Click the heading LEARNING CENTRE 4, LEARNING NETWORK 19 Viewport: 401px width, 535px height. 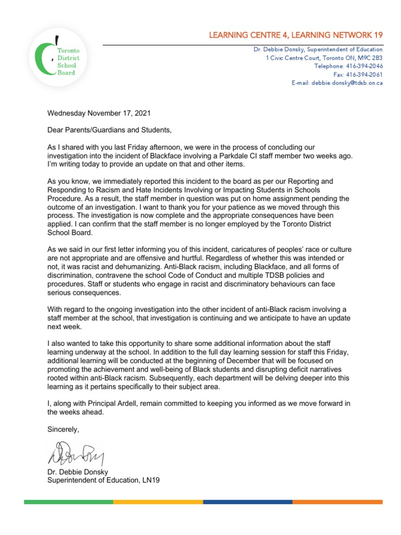296,35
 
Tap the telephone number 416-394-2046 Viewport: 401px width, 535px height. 364,66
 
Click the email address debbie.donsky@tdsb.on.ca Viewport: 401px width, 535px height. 347,83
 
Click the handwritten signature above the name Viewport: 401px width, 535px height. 76,452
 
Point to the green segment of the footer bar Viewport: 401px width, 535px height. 68,502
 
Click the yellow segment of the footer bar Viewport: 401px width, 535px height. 158,502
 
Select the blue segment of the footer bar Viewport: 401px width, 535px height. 247,502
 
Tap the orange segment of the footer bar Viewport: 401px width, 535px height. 337,502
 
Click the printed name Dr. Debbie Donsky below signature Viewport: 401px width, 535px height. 77,472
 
